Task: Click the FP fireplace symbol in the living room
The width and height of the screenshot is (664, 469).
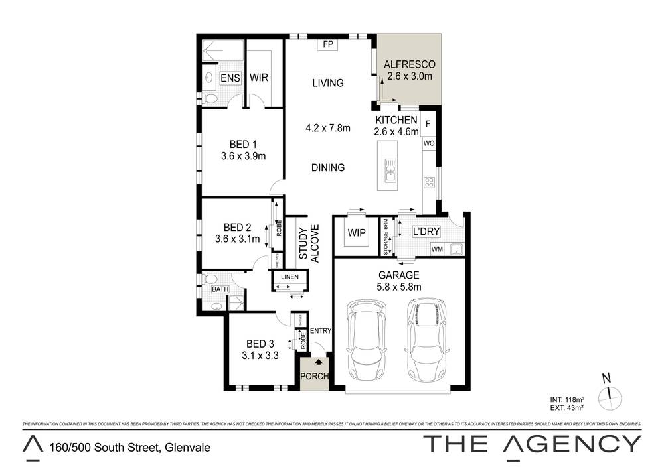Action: coord(327,44)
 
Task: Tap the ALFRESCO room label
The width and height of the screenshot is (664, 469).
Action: coord(410,64)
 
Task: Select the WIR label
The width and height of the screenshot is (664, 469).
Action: coord(259,78)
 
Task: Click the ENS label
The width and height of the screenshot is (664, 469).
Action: coord(230,78)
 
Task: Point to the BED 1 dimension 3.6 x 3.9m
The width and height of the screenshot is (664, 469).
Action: coord(243,157)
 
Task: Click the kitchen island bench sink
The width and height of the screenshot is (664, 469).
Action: coord(389,174)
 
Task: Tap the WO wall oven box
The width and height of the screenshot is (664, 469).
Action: coord(429,143)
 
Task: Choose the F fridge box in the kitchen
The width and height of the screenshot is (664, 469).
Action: coord(428,123)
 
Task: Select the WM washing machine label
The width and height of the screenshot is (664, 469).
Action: coord(437,249)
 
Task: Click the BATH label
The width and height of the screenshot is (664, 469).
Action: coord(220,289)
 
